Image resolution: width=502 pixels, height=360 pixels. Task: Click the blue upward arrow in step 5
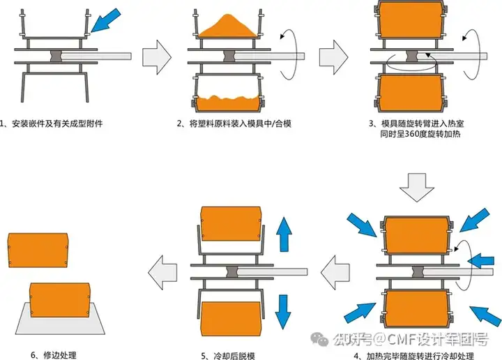[x=284, y=233]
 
